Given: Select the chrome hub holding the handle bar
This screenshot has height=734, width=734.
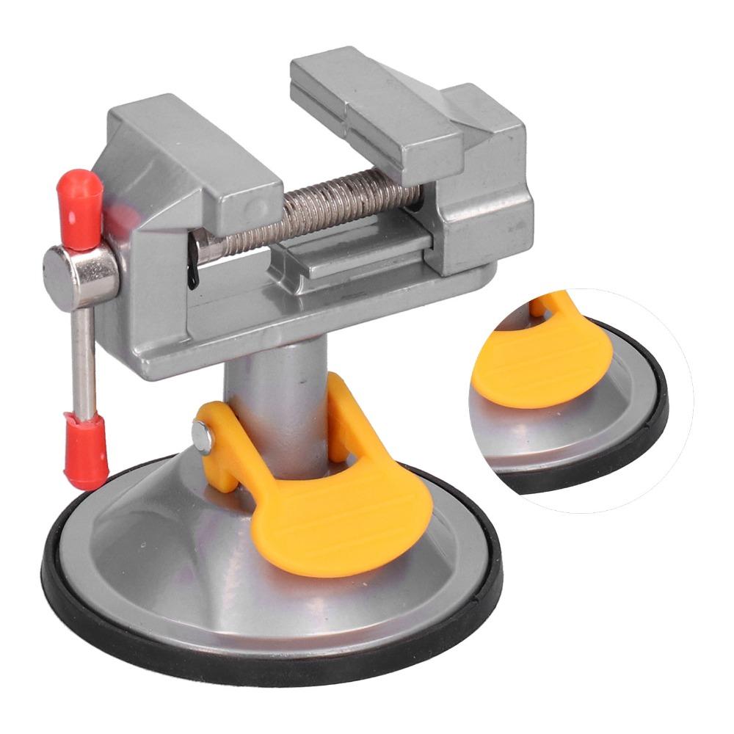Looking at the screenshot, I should click(x=79, y=275).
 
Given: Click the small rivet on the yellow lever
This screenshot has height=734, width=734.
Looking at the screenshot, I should click(x=202, y=435).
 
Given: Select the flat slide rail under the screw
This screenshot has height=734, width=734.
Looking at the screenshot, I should click(x=352, y=257).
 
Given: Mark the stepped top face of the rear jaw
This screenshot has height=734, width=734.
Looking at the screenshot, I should click(x=367, y=95).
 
